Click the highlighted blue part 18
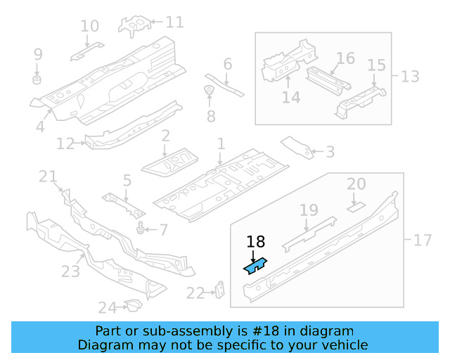tap(254, 264)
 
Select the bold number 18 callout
tap(256, 243)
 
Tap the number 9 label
tap(38, 54)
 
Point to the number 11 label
tap(174, 22)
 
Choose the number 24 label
tap(106, 307)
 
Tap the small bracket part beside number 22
tap(219, 289)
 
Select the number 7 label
tap(163, 230)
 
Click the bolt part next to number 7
tap(143, 229)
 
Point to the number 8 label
tap(210, 116)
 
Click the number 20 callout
tap(356, 184)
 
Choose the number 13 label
tap(410, 75)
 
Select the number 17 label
tap(422, 240)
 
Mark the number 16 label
tap(345, 58)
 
